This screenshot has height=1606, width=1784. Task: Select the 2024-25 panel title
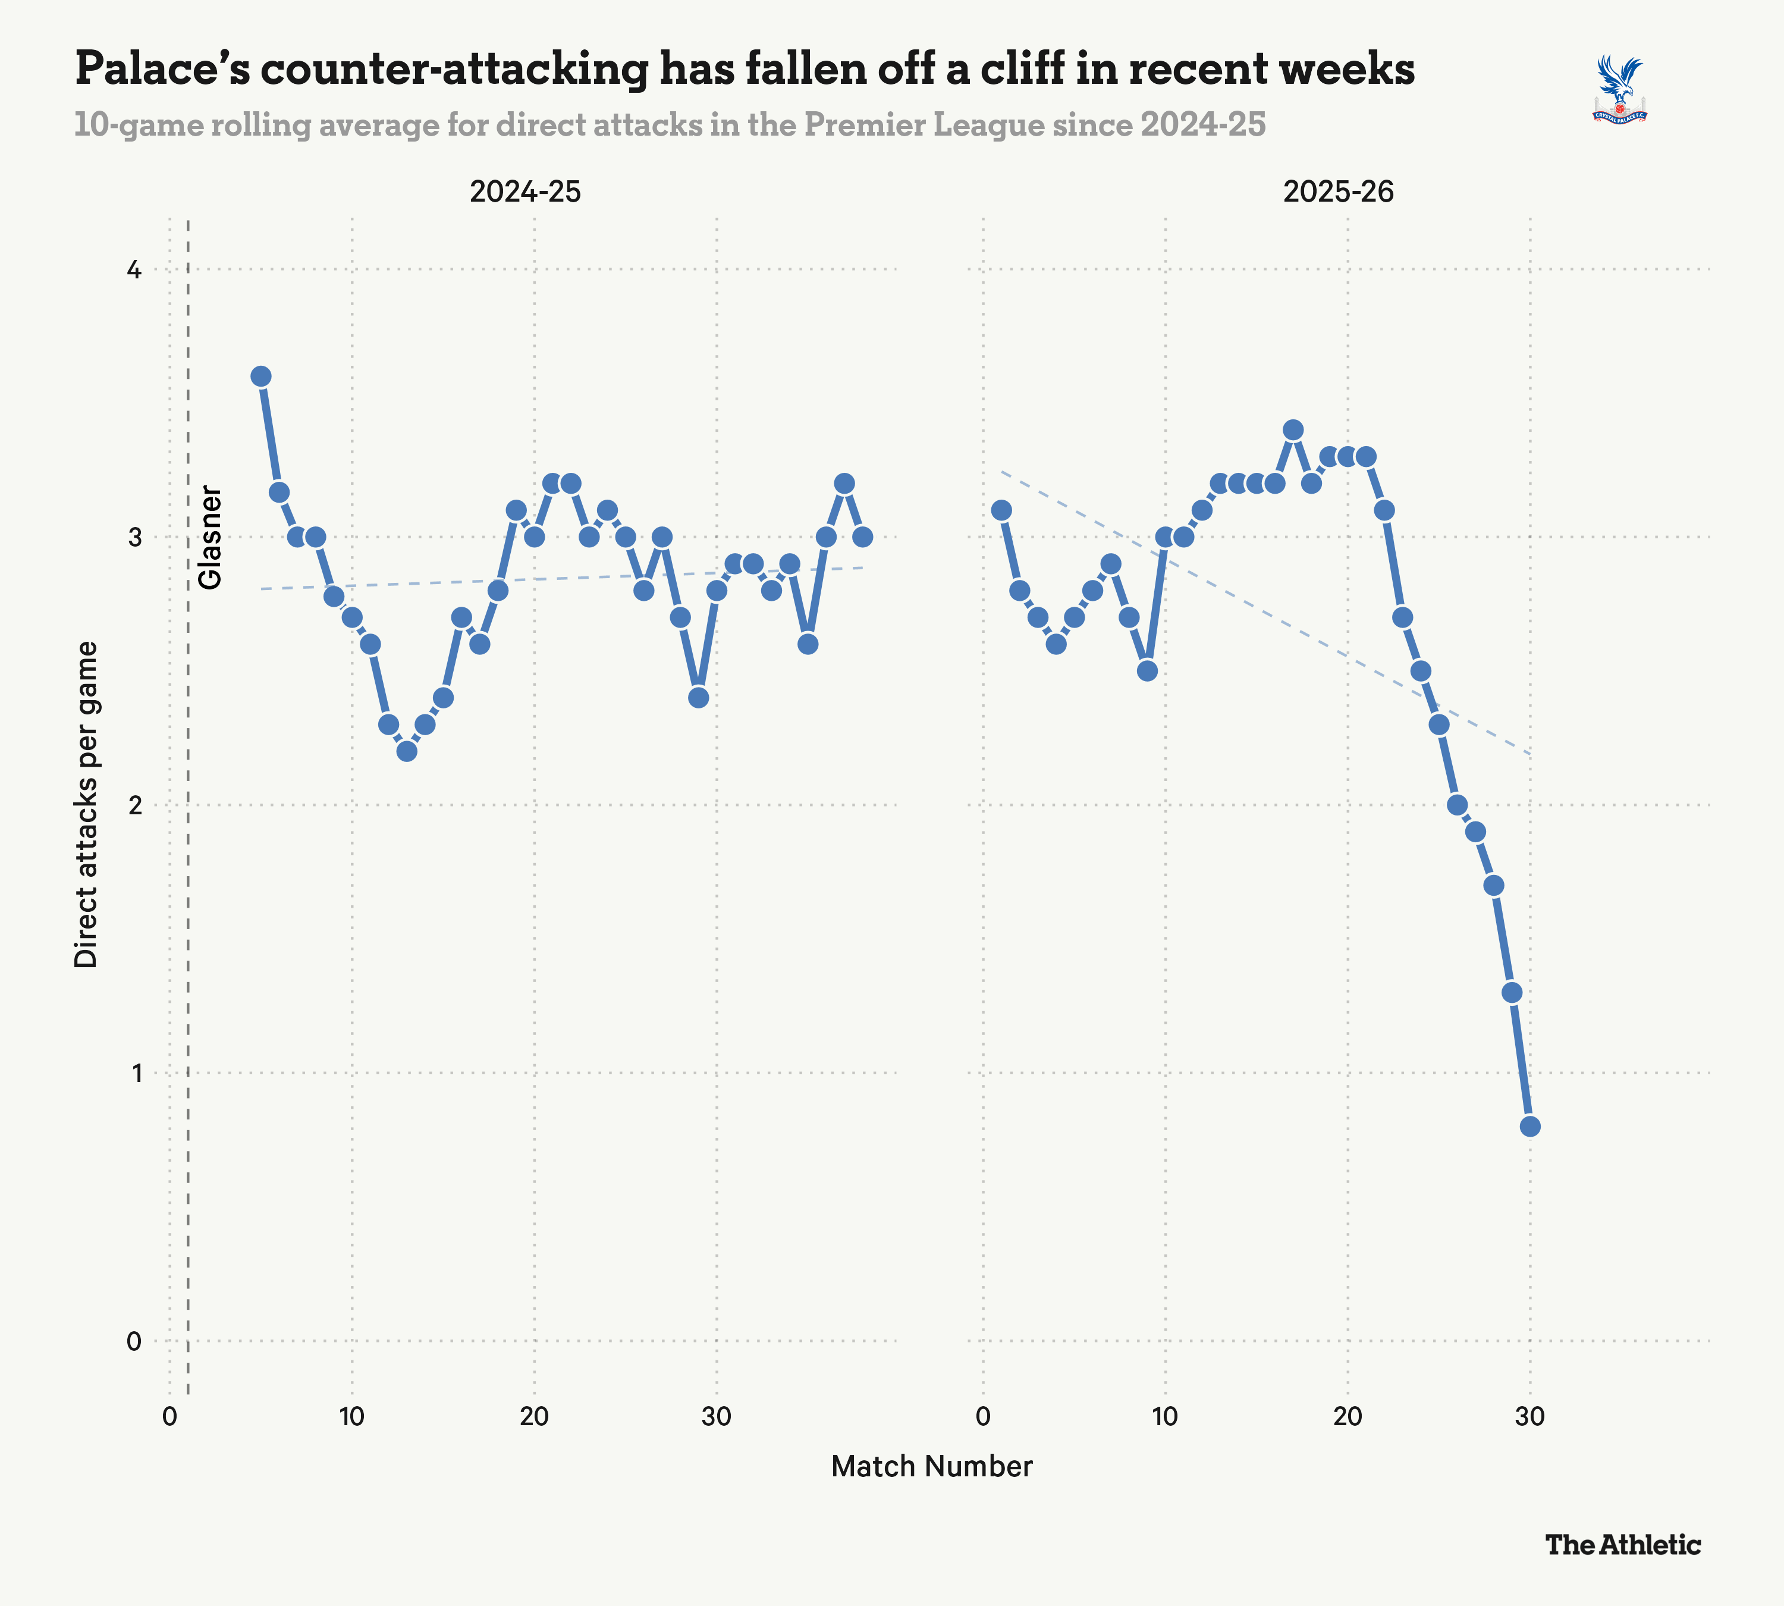pos(525,192)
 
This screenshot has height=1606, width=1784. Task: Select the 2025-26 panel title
pos(1339,192)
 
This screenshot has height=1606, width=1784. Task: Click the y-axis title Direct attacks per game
pos(86,804)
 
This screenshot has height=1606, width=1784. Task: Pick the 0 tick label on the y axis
pos(134,1341)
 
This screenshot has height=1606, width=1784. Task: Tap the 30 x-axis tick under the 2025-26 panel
pos(1529,1417)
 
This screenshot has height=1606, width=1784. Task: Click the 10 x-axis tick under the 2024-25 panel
pos(351,1417)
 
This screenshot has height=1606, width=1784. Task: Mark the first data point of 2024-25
pos(260,377)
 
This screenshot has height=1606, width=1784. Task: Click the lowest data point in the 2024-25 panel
pos(407,751)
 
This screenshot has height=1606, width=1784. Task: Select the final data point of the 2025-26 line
pos(1530,1127)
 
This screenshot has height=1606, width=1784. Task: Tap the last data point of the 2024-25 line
pos(862,537)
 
